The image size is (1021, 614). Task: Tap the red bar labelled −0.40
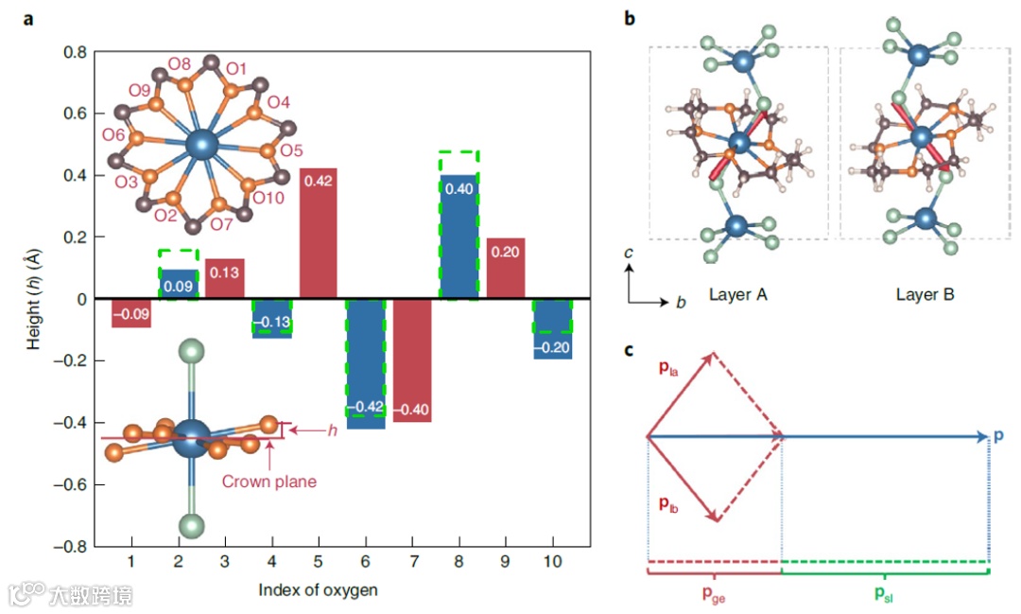(x=412, y=360)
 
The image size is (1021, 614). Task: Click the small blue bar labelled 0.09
(x=179, y=283)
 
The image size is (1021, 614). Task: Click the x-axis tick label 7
(x=412, y=562)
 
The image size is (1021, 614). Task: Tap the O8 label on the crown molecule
(x=180, y=64)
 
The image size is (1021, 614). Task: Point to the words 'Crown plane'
(x=269, y=481)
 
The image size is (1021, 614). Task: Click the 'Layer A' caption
(x=737, y=294)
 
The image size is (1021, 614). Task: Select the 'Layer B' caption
(x=925, y=294)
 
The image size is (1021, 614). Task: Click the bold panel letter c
(x=630, y=351)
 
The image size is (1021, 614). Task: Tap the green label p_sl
(x=884, y=593)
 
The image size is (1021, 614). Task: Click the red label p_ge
(x=715, y=593)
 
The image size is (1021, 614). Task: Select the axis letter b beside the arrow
(x=680, y=303)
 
